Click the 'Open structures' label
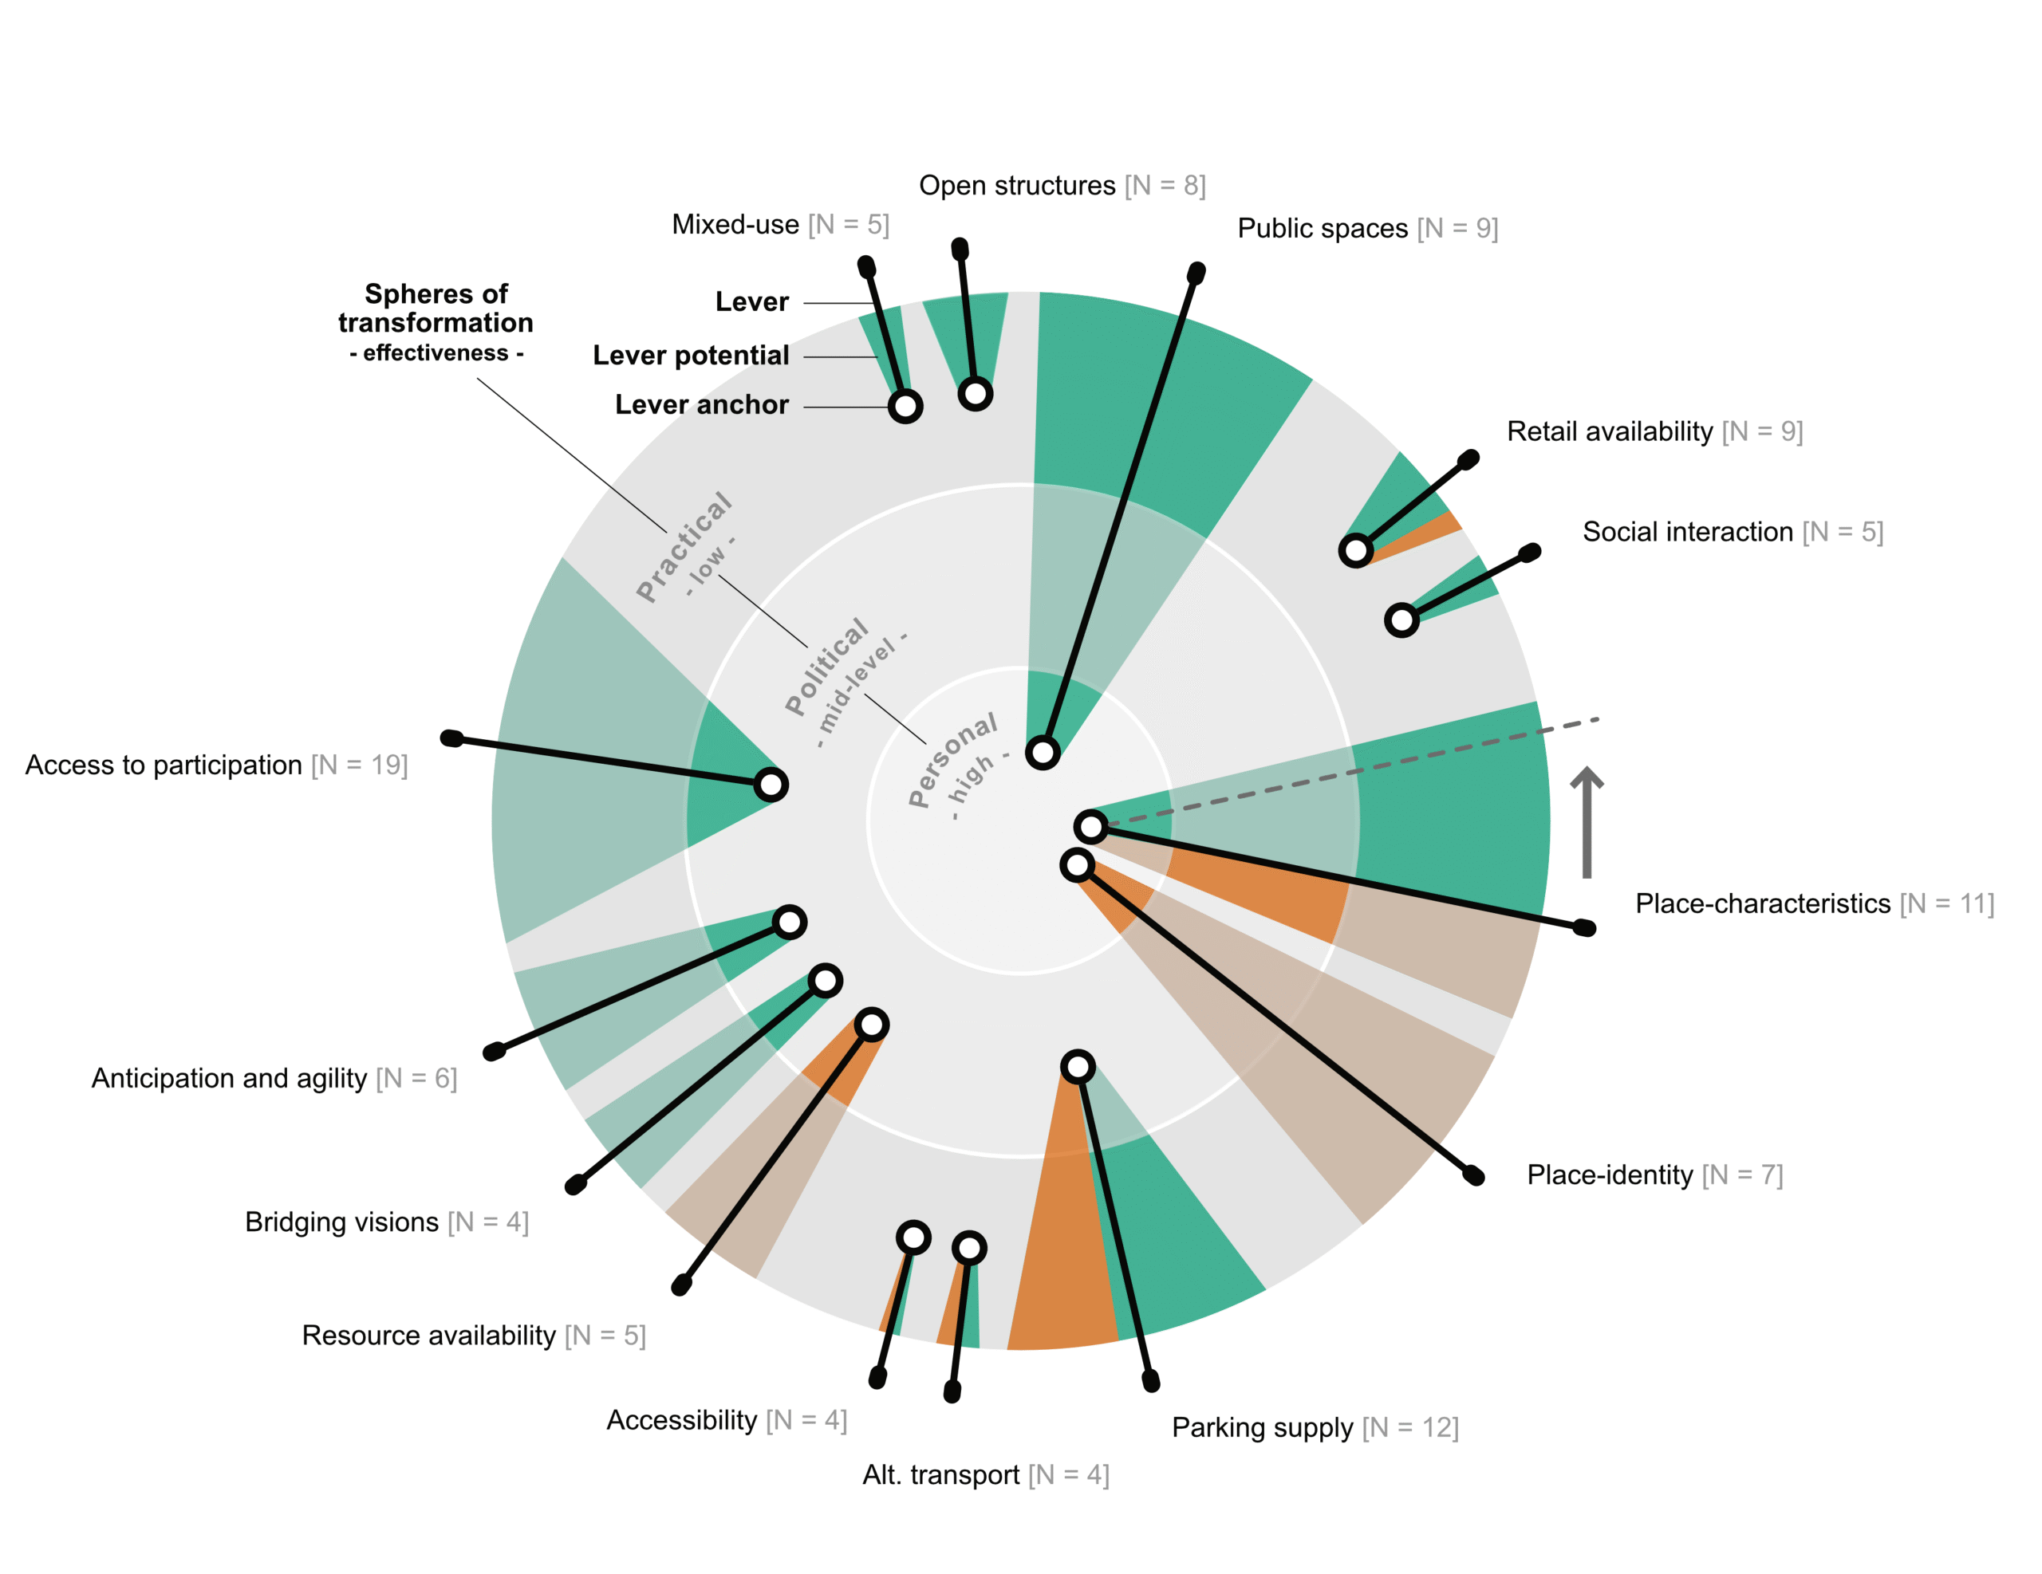[1016, 186]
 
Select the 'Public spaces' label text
[1322, 229]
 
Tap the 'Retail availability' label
[1609, 432]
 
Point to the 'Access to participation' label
[164, 765]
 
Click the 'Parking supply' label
[1262, 1428]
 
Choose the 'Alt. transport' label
[940, 1475]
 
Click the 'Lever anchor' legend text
[701, 405]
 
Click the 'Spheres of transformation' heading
[436, 309]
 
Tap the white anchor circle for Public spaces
[1043, 753]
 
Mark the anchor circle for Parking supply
[1078, 1066]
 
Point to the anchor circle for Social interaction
[1401, 620]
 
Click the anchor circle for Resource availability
[871, 1025]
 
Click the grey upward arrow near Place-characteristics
[1587, 823]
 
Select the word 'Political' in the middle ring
[826, 667]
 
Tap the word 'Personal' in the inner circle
[952, 760]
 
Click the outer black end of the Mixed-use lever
[867, 267]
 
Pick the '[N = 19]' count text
[359, 765]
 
